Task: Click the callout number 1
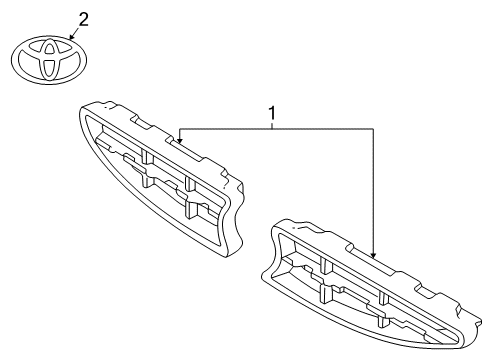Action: [x=270, y=114]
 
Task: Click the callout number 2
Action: [x=83, y=18]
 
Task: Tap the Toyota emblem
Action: [x=49, y=59]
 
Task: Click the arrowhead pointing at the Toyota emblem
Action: [x=68, y=36]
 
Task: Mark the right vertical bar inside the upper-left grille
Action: [x=190, y=184]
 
